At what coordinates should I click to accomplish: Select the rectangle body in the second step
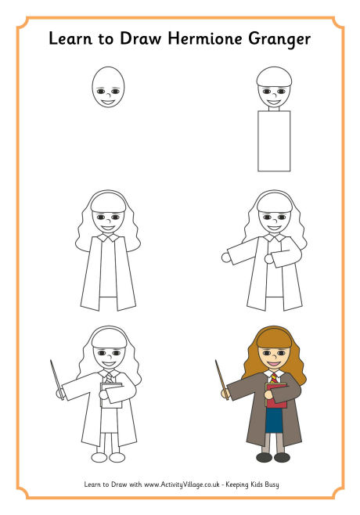tap(274, 141)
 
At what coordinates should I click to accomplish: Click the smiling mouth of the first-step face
tap(108, 100)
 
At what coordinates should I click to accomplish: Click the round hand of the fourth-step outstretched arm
tap(226, 257)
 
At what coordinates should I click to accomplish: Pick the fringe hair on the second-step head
tap(274, 79)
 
